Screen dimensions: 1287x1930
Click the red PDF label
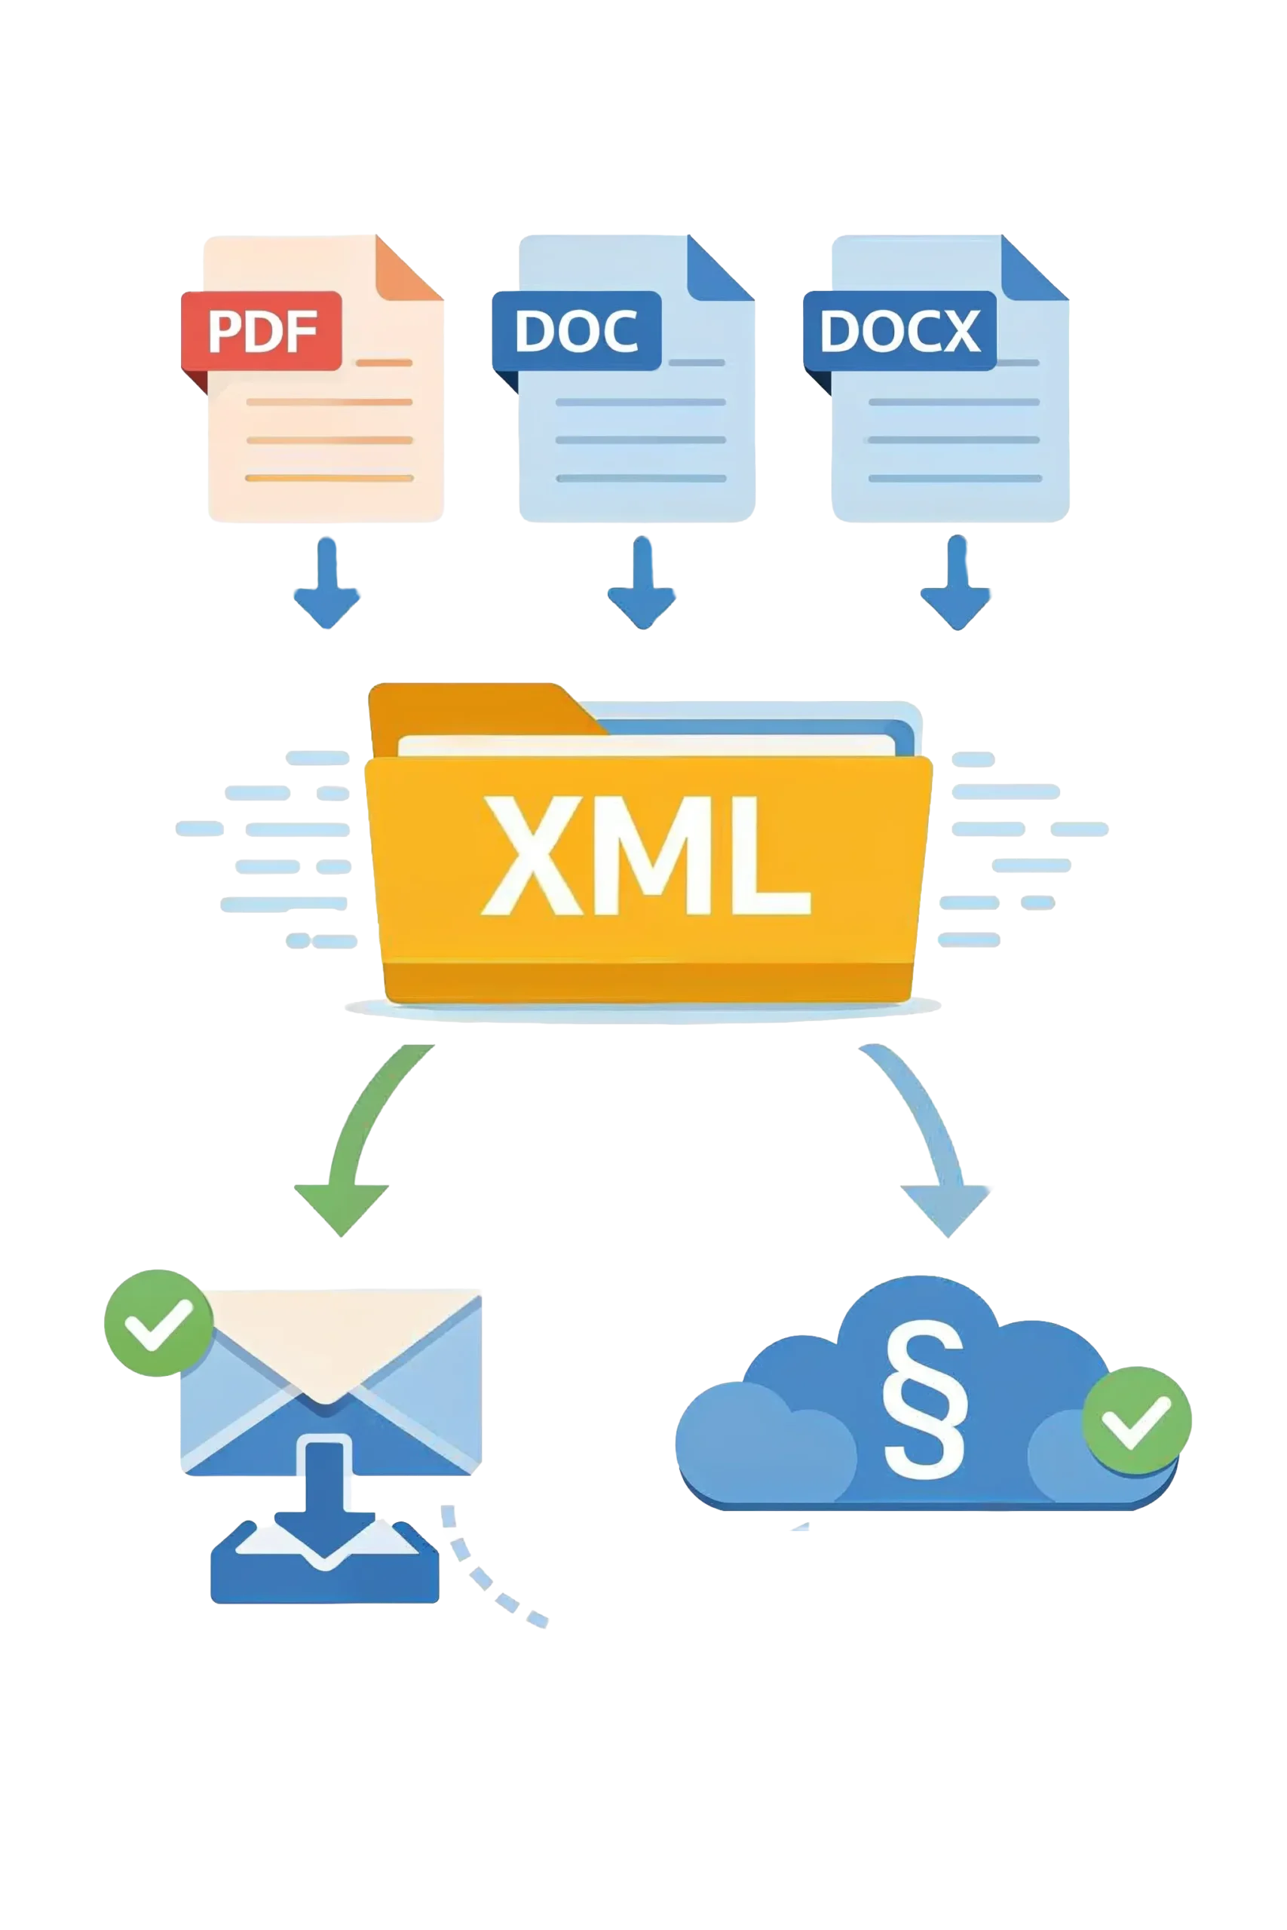point(261,331)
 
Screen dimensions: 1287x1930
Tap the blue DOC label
point(576,331)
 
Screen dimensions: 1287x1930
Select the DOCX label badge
point(899,331)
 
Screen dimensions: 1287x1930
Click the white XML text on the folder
point(646,855)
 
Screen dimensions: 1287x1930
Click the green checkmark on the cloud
point(1137,1420)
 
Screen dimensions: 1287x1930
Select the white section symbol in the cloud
point(924,1400)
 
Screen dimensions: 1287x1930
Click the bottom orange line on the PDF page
point(329,477)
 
